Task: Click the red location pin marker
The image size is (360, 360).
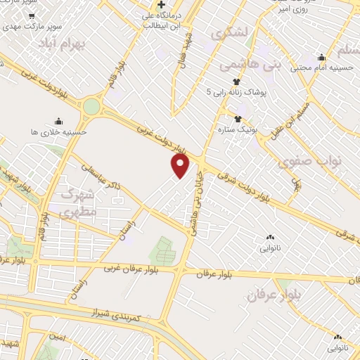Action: click(x=181, y=166)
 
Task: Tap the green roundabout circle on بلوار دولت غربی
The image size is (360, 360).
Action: click(x=91, y=107)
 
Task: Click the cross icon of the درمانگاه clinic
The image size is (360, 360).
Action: click(x=162, y=4)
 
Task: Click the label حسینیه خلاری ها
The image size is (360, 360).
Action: click(x=58, y=131)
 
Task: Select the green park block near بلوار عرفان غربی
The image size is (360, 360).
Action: click(x=164, y=250)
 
